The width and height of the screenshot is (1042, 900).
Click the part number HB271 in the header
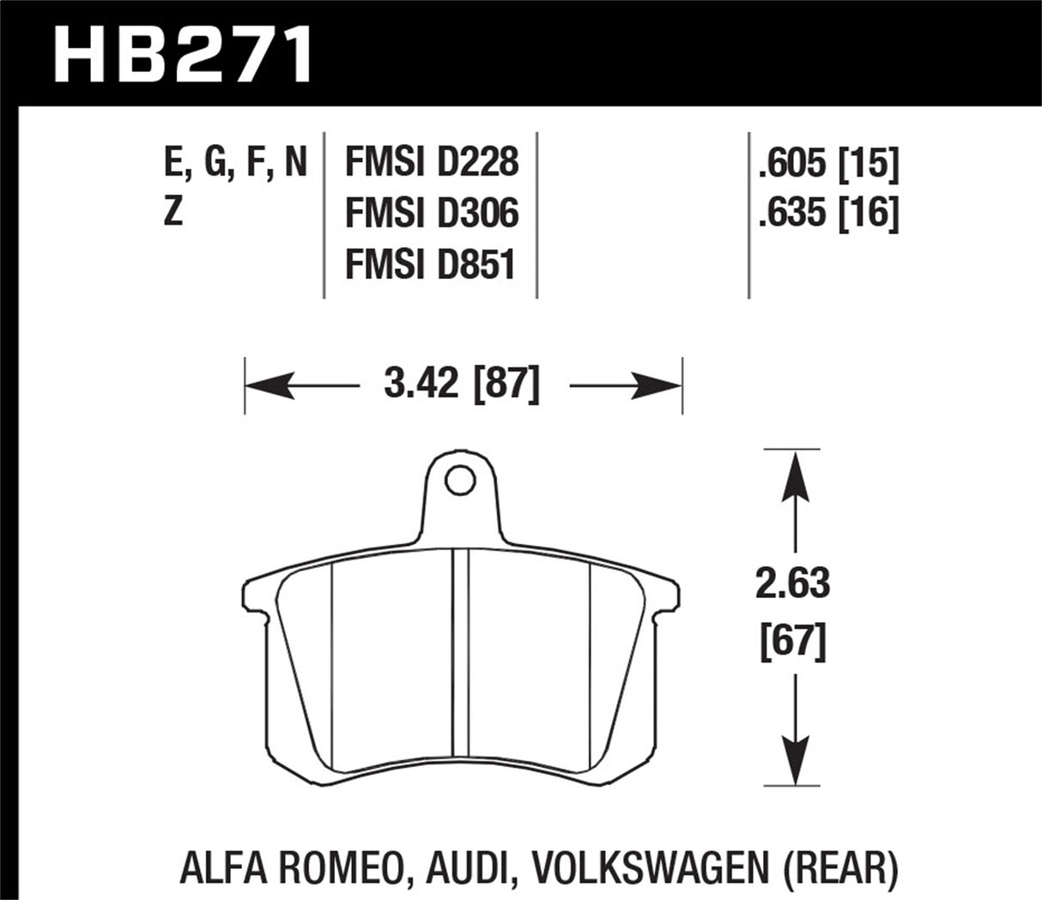[x=183, y=52]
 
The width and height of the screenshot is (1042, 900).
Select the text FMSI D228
[x=431, y=161]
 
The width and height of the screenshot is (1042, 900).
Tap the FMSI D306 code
[x=431, y=213]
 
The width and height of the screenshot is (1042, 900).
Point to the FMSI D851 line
[x=429, y=264]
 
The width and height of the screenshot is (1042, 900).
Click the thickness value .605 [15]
[x=827, y=163]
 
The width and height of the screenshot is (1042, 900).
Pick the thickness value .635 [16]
[x=827, y=213]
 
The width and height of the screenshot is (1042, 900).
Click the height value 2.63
[x=792, y=584]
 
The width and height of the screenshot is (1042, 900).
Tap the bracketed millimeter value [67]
[x=792, y=641]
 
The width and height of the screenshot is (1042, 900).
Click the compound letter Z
[x=173, y=213]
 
